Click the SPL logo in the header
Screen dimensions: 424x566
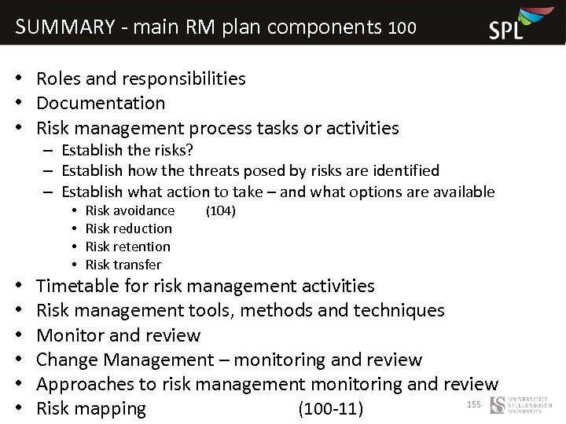[x=516, y=24]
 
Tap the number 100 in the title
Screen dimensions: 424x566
[x=402, y=28]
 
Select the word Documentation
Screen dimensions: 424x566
[x=101, y=103]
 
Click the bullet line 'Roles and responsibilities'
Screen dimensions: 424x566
[x=141, y=79]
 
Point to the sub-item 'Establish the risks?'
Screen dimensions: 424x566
[x=127, y=150]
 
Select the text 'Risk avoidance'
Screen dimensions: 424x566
[x=130, y=210]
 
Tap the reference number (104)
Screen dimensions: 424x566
[x=220, y=210]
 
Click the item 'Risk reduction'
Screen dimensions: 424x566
[x=128, y=228]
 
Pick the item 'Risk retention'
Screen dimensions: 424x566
[x=127, y=247]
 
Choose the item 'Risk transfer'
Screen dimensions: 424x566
[x=123, y=265]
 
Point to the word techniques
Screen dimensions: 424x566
[x=399, y=310]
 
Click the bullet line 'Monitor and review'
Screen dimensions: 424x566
[x=118, y=335]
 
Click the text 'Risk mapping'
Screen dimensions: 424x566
[x=91, y=408]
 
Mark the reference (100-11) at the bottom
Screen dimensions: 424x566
[x=330, y=409]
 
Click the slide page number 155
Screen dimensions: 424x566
[x=473, y=404]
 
